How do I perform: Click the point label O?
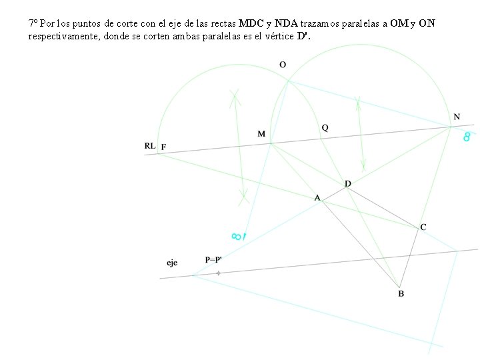(283, 65)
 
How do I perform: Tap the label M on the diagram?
(261, 134)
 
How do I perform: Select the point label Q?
(325, 127)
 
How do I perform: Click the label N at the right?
(457, 117)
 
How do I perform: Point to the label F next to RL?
(163, 147)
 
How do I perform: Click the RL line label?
(149, 145)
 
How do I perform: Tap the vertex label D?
(348, 183)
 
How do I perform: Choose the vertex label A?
(317, 197)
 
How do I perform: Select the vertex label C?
(423, 227)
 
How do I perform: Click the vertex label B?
(401, 293)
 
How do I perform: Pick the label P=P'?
(215, 259)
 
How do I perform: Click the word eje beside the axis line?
(172, 263)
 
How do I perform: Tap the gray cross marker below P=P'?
(218, 273)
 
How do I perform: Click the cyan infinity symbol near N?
(467, 136)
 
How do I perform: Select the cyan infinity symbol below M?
(237, 236)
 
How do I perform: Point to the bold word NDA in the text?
(286, 23)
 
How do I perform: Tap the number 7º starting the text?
(33, 23)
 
